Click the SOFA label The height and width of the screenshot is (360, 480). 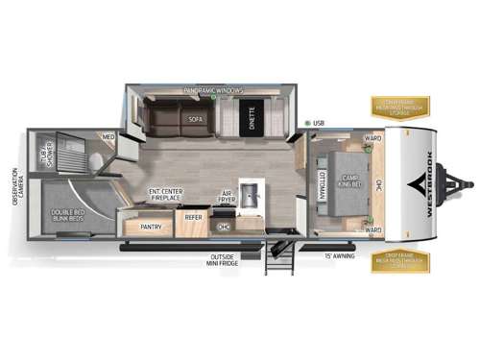(x=196, y=120)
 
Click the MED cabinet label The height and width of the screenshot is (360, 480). (x=108, y=137)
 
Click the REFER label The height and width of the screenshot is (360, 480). (x=193, y=218)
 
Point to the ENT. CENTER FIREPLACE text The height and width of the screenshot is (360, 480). (x=166, y=196)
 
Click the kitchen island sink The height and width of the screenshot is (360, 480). (x=252, y=196)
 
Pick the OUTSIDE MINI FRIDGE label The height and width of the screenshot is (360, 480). (x=223, y=260)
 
